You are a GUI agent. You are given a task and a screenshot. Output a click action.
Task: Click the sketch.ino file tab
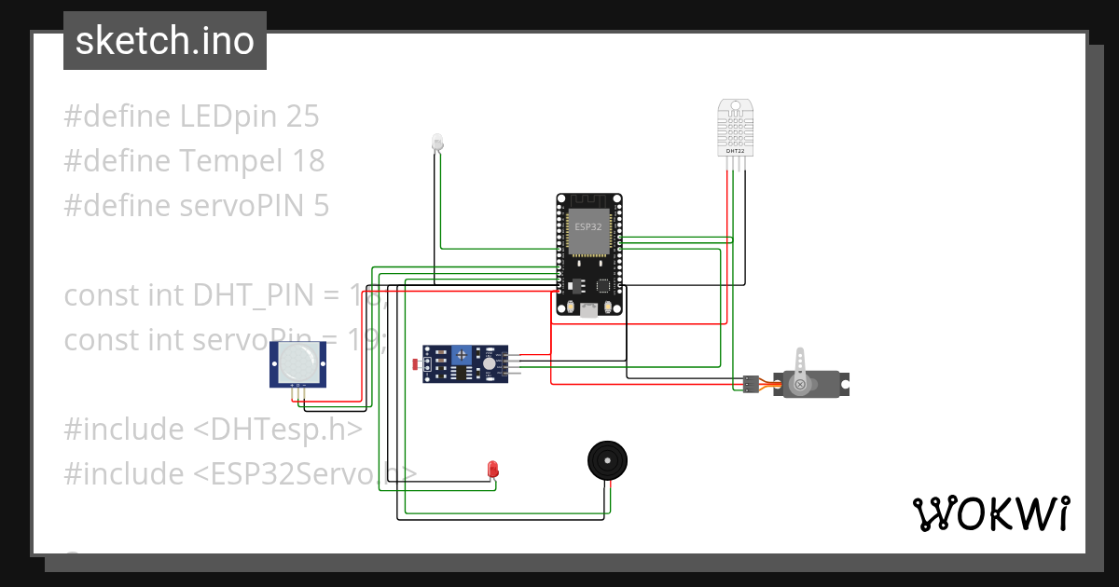(165, 41)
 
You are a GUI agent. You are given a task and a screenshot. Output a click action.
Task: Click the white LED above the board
(437, 142)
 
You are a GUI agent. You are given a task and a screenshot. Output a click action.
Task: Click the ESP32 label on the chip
(588, 226)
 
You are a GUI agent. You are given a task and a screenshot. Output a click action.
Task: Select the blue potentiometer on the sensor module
(460, 354)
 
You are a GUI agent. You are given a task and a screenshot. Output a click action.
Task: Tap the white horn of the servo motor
(799, 363)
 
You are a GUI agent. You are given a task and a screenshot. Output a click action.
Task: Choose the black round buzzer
(607, 461)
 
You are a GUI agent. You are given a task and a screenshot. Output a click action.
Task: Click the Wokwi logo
(990, 513)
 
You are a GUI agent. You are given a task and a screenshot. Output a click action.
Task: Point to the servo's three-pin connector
(750, 384)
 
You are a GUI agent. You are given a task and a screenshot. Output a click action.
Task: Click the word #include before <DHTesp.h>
(125, 430)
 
